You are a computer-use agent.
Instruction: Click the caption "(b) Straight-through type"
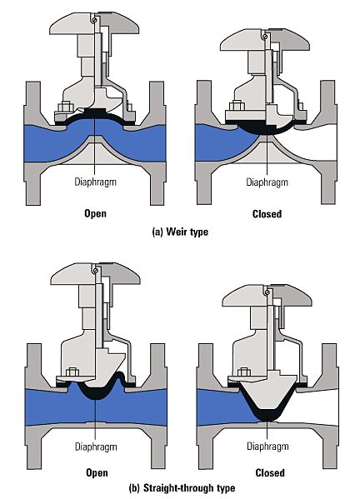point(179,487)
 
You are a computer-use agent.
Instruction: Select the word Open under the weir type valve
point(96,213)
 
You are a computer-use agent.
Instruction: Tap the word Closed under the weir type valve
point(267,213)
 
